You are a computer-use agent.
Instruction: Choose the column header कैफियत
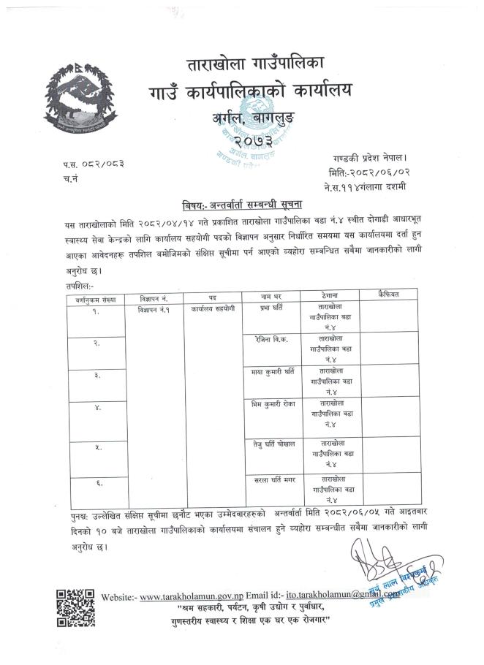click(387, 293)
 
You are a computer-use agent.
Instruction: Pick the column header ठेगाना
click(330, 294)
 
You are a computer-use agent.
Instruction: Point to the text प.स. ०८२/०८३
click(94, 166)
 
